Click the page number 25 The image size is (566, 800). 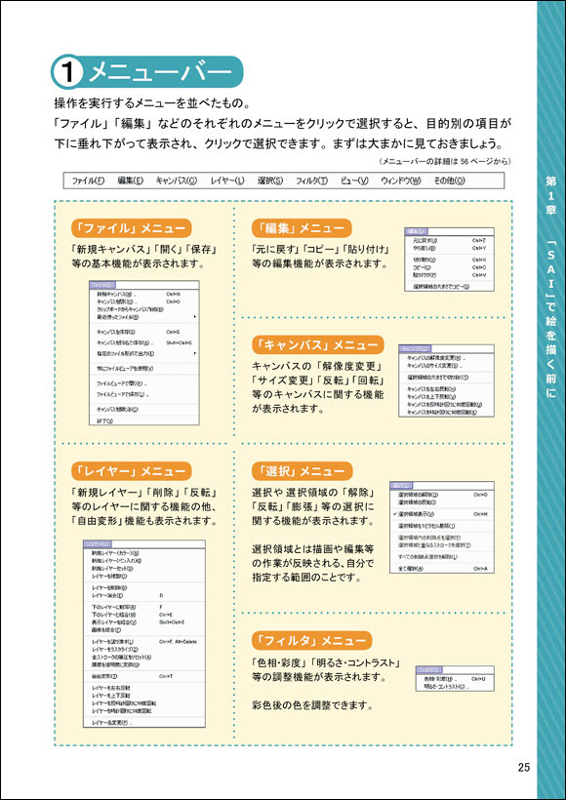point(524,768)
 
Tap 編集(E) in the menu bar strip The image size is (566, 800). point(130,180)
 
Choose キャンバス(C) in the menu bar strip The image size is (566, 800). point(177,180)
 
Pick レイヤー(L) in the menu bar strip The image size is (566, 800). point(227,180)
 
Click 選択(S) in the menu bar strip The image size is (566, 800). point(270,180)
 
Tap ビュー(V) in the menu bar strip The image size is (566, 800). point(355,180)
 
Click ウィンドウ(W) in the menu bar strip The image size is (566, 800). point(401,180)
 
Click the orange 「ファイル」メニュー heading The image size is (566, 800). point(130,228)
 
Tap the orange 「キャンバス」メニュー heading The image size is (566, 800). point(317,344)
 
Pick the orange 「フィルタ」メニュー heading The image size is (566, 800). point(310,640)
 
